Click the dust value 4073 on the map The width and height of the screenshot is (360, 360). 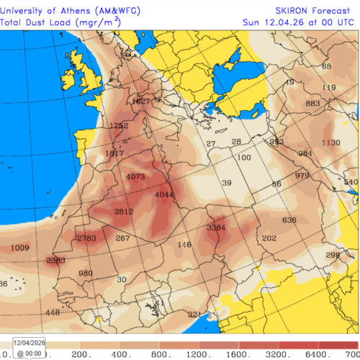pyautogui.click(x=135, y=176)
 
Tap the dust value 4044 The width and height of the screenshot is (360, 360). pyautogui.click(x=165, y=194)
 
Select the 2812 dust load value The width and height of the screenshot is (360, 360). pyautogui.click(x=125, y=212)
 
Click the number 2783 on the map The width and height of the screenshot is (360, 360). pyautogui.click(x=86, y=238)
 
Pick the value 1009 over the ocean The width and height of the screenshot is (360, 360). pyautogui.click(x=21, y=248)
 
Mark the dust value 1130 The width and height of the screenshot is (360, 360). pyautogui.click(x=330, y=143)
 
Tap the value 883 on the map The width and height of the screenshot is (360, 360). pyautogui.click(x=312, y=104)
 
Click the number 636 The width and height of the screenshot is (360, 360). pyautogui.click(x=289, y=220)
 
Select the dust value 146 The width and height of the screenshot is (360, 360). pyautogui.click(x=184, y=245)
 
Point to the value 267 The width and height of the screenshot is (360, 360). pyautogui.click(x=123, y=238)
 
